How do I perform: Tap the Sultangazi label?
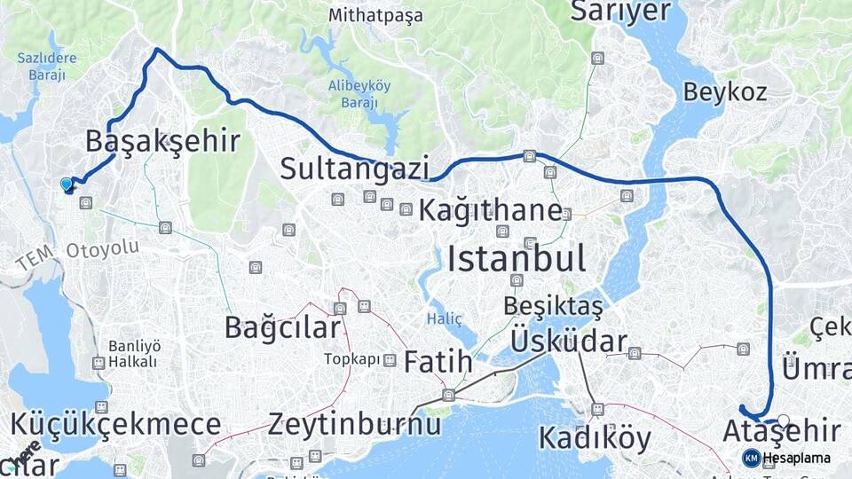[355, 168]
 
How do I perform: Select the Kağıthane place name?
[489, 210]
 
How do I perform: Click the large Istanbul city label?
[516, 259]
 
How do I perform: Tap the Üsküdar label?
[569, 342]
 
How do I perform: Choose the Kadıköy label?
[595, 438]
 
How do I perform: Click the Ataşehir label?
[781, 432]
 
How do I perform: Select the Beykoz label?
[725, 91]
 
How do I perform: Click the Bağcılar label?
[281, 327]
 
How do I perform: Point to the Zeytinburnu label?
[354, 423]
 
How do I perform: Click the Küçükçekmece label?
[115, 422]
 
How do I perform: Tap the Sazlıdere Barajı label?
[47, 67]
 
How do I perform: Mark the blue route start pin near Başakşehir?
[66, 185]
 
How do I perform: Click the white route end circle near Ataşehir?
[783, 420]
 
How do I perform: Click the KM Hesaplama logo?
[786, 458]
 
